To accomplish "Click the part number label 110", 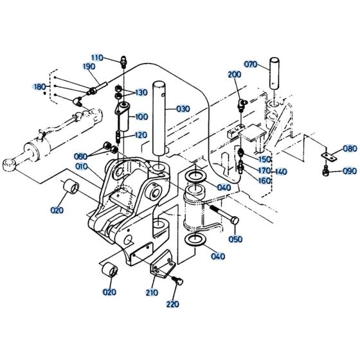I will coord(97,57).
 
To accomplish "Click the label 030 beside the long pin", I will coord(184,109).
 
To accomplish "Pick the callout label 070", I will coord(251,64).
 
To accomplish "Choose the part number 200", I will coord(233,75).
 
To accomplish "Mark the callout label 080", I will coord(349,148).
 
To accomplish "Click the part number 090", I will coord(349,171).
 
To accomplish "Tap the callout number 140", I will coord(280,172).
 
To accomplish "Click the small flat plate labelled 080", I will coord(330,156).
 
